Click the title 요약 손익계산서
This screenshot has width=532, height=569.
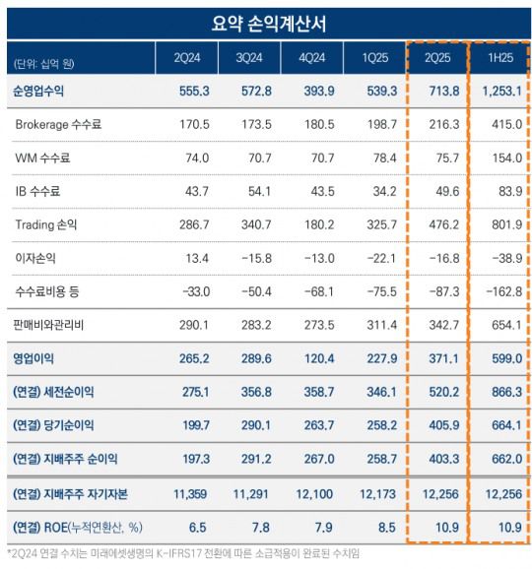tap(266, 20)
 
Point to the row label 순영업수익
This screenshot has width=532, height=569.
tap(40, 93)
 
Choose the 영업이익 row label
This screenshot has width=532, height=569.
tap(34, 358)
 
